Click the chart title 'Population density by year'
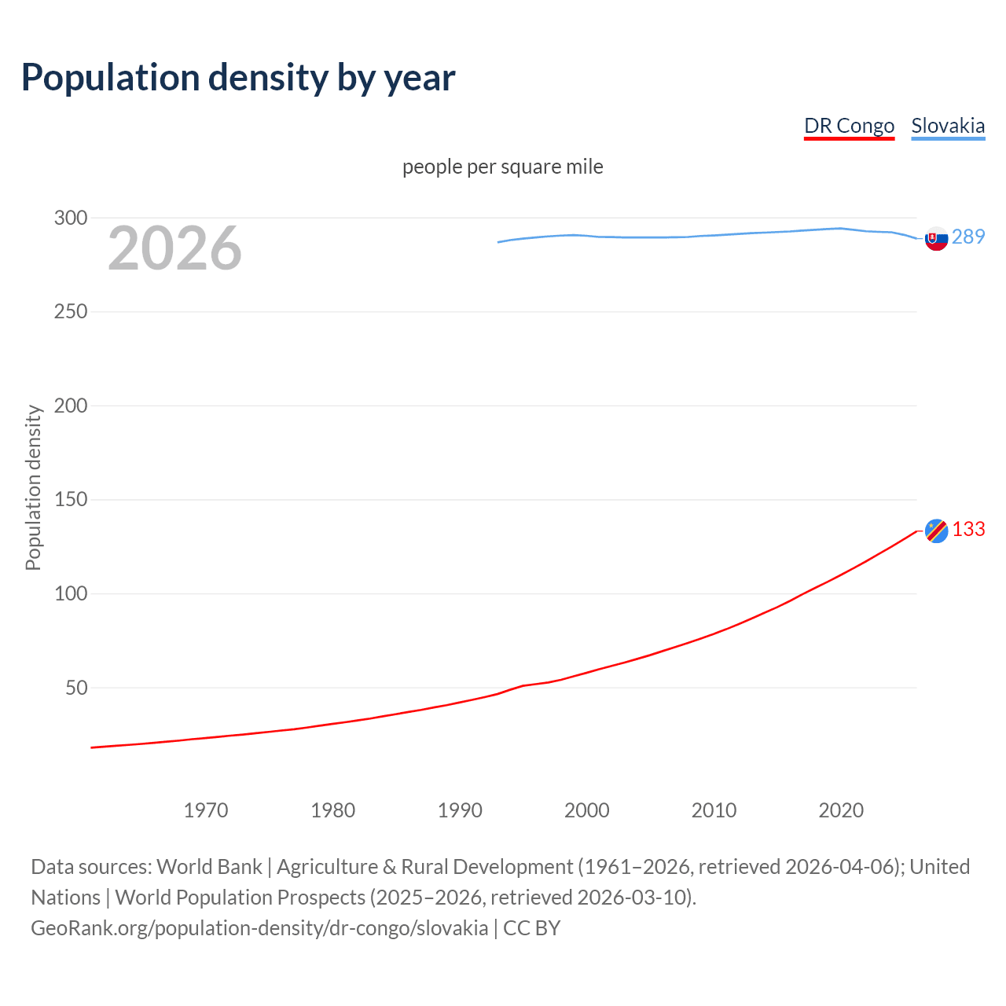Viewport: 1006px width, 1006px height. [238, 77]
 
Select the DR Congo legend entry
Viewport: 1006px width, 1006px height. [849, 126]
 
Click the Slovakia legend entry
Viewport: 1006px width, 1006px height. [948, 126]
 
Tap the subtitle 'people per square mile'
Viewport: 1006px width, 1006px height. [502, 167]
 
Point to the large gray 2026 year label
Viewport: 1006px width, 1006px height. [174, 248]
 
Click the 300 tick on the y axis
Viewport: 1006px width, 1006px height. [71, 218]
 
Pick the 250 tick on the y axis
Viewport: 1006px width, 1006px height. [71, 312]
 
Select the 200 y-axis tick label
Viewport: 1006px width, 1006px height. [71, 406]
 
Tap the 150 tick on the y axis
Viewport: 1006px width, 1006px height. [71, 500]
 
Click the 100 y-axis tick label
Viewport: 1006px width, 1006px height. [71, 593]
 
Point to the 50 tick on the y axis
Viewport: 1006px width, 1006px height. [76, 688]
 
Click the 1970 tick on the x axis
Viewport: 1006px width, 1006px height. [206, 810]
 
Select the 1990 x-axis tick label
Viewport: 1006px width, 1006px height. [460, 810]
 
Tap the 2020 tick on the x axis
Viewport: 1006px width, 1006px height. [841, 810]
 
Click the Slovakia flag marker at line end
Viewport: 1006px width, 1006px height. [936, 238]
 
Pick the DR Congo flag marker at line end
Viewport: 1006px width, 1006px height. [936, 531]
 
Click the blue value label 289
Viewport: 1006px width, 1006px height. [968, 237]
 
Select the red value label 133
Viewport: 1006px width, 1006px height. [968, 529]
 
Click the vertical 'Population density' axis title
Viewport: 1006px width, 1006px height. [33, 487]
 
